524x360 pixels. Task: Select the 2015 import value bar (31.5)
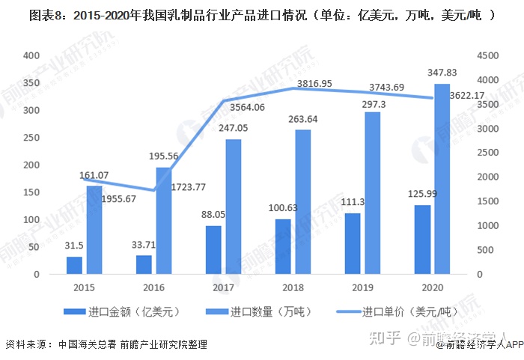(74, 266)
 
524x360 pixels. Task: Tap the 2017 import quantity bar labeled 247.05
(234, 207)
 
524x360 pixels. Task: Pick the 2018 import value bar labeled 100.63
(283, 246)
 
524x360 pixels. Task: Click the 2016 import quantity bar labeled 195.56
(164, 221)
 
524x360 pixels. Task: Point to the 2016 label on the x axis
(153, 287)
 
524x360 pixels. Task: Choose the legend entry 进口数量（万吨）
(265, 311)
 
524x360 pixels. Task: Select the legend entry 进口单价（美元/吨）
(407, 311)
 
